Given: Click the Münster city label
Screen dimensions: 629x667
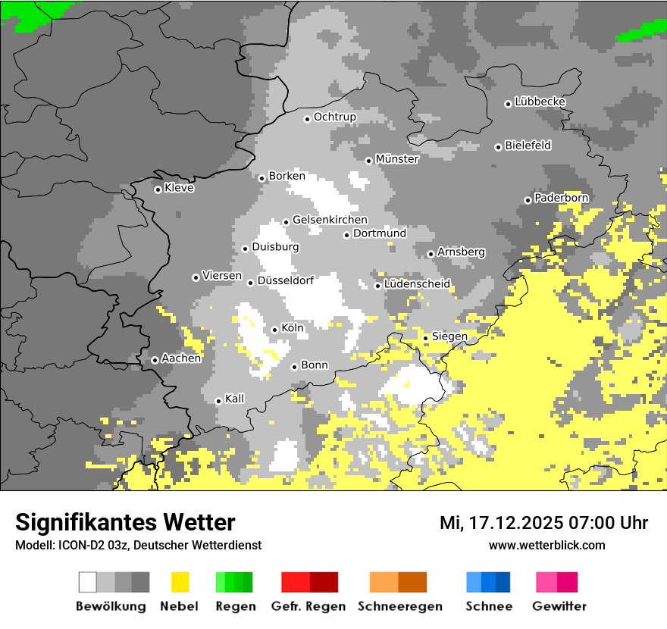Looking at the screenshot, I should coord(397,159).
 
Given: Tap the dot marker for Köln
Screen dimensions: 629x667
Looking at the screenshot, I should coord(274,330).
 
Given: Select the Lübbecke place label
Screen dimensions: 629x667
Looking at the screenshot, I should coord(540,102).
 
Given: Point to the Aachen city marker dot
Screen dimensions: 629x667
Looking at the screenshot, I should coord(155,360).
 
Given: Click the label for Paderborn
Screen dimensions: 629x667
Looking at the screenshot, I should coord(561,198).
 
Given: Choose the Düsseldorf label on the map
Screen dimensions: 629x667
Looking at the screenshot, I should coord(285,280).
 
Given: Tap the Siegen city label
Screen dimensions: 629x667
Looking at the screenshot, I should coord(449,336).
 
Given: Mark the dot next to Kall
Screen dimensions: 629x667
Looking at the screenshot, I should coord(218,401).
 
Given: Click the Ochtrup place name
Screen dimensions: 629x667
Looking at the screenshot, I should coord(334,117).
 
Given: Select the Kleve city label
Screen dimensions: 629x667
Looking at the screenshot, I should coord(179,188).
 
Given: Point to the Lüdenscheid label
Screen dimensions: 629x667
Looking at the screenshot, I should coord(417,284).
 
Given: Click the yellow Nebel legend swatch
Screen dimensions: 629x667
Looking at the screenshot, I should coord(180,582).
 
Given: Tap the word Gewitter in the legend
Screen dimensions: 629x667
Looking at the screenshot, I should coord(559,606).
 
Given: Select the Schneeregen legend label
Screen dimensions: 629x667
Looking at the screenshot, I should coord(400,606).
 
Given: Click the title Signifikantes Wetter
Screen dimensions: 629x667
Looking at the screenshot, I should coord(125,522).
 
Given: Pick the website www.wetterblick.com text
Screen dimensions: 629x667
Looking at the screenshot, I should coord(546,545).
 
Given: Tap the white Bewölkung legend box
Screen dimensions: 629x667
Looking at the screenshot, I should coord(88,582).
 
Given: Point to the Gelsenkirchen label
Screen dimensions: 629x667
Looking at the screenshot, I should coord(330,220).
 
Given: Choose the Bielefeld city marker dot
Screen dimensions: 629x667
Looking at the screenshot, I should coord(498,147).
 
